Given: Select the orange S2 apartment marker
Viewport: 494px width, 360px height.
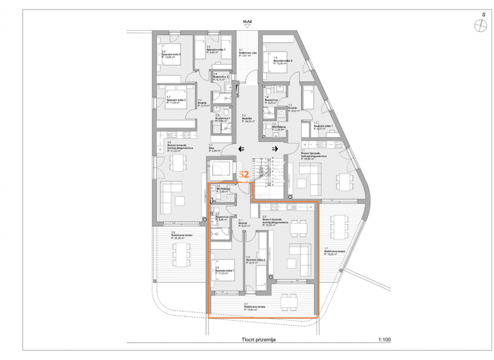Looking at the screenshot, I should click(244, 174).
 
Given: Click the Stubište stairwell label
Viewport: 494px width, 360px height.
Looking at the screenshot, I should click(246, 119).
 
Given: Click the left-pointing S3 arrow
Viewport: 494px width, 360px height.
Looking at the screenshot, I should click(240, 148).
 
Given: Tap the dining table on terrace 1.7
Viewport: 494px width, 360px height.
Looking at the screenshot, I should click(340, 226).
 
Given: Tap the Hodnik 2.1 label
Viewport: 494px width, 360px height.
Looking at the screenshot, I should click(244, 224).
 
